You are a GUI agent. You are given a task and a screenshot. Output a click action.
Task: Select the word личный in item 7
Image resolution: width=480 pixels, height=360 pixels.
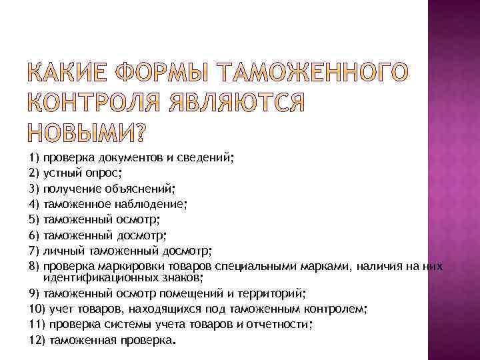pos(59,251)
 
